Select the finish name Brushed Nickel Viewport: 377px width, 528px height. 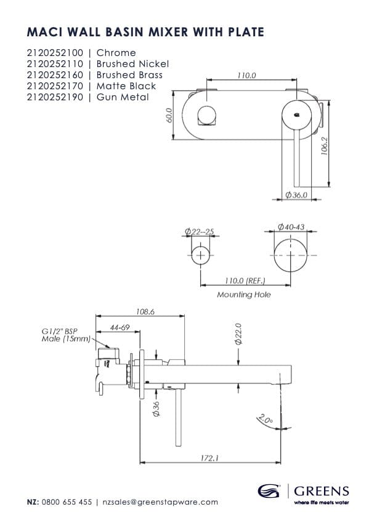tap(132, 64)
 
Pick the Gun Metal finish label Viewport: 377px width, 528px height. tap(123, 97)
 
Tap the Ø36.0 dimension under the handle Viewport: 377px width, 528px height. tap(296, 195)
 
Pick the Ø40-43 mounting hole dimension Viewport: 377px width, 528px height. tap(291, 228)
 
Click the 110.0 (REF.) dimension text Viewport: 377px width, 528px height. tap(246, 281)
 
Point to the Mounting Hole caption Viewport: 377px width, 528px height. tap(244, 295)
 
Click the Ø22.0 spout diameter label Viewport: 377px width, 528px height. tap(238, 335)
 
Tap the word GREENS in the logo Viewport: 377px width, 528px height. tap(322, 491)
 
